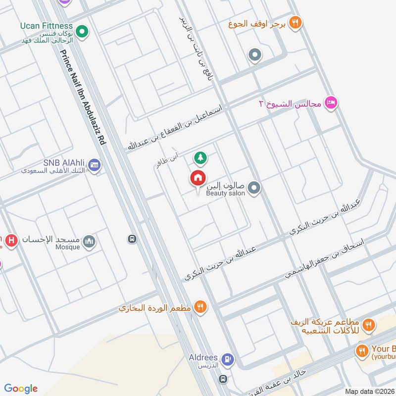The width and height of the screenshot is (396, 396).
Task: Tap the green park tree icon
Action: coord(200,158)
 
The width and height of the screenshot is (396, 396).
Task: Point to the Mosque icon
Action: coord(89,242)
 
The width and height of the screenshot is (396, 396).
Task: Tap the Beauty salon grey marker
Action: coord(254,188)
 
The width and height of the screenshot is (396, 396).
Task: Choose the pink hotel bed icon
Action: coord(331,103)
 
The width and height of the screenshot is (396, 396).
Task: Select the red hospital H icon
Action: coord(12,241)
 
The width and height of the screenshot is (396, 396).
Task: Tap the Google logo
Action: coord(21,389)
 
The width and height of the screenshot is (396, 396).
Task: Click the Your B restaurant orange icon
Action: coord(362,350)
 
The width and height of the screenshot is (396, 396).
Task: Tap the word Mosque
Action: coord(68,247)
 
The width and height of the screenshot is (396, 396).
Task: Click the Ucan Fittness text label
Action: coord(47,26)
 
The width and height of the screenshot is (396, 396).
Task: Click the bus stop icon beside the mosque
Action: coord(133,239)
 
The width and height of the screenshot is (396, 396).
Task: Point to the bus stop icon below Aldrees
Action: coord(223,379)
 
